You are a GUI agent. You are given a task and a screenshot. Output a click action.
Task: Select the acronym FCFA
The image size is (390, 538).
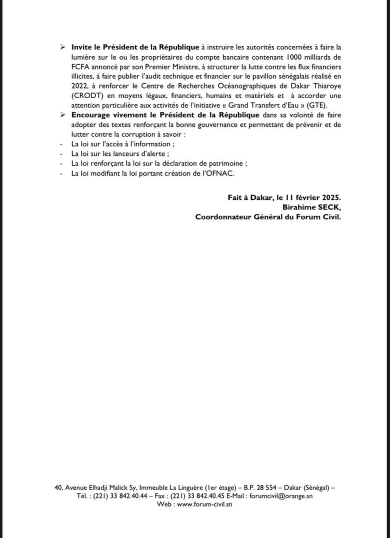(80, 67)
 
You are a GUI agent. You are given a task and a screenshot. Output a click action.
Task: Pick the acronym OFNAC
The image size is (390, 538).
(221, 173)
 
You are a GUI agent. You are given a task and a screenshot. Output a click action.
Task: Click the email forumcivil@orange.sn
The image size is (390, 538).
(281, 496)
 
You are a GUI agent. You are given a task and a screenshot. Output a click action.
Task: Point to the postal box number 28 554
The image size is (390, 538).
(266, 488)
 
